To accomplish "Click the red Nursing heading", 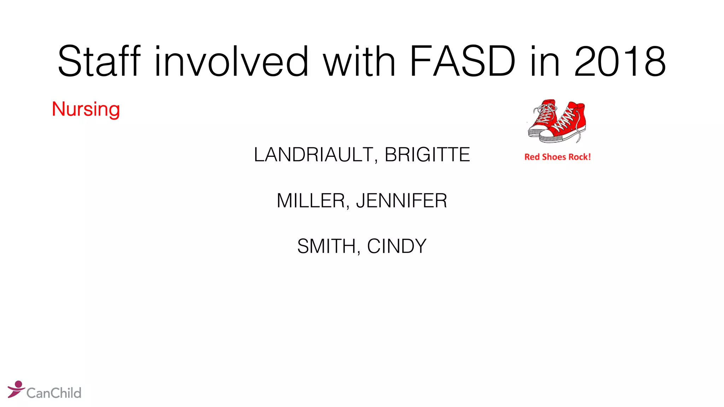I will [86, 109].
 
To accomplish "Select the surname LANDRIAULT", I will [313, 155].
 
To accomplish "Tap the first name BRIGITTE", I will [427, 155].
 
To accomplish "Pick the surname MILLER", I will [310, 201].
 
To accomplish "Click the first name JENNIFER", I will [402, 201].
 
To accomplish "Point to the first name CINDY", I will [397, 246].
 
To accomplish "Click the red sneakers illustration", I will [557, 121].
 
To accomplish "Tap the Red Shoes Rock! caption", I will [557, 157].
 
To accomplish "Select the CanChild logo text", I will [54, 393].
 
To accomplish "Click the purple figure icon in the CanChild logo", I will [16, 389].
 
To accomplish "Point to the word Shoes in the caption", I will [554, 157].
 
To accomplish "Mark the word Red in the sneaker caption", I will [532, 157].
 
